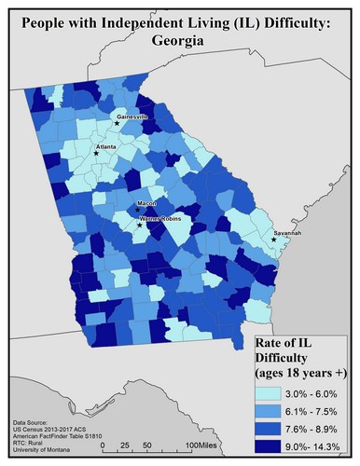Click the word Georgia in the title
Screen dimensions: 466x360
(179, 42)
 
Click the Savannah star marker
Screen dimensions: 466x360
(274, 240)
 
